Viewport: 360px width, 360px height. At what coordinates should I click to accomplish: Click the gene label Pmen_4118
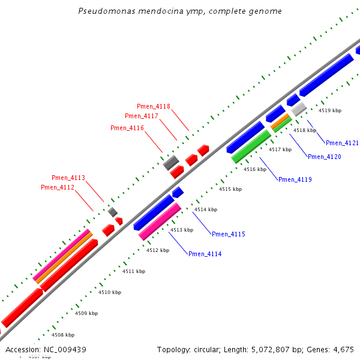(x=154, y=106)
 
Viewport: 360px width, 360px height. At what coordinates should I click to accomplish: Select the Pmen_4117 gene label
(x=142, y=116)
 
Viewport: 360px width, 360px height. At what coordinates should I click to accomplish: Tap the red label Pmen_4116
(x=127, y=128)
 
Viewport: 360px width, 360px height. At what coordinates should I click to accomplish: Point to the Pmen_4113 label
(x=68, y=178)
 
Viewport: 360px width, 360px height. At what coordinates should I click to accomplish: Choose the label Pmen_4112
(x=58, y=187)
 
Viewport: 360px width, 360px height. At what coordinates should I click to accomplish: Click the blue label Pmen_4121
(x=342, y=143)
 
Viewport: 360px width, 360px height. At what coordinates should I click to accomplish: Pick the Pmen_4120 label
(x=325, y=157)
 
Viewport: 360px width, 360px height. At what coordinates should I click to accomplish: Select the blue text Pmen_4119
(x=295, y=179)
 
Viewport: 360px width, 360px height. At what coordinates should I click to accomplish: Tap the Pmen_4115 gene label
(x=229, y=234)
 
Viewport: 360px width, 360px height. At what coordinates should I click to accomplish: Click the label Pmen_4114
(x=205, y=254)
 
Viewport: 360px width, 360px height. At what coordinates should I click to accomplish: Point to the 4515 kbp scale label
(x=230, y=189)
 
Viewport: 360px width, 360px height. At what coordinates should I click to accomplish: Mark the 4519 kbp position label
(x=330, y=110)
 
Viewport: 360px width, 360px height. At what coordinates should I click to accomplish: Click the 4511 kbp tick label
(x=134, y=271)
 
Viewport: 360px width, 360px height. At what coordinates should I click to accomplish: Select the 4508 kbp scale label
(x=63, y=335)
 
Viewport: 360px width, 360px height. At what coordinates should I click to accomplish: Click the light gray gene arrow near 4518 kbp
(x=299, y=109)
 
